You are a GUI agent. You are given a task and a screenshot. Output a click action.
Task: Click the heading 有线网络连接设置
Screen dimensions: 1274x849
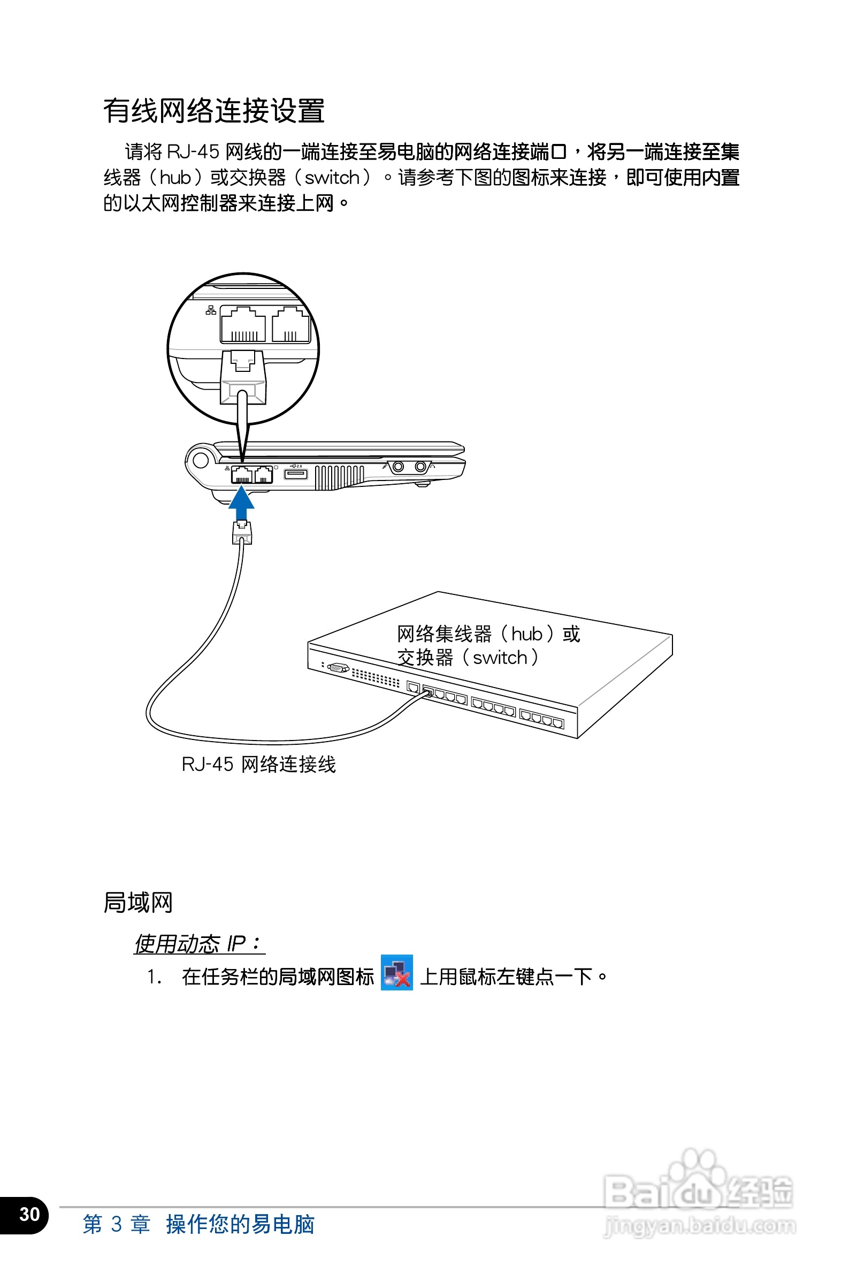(214, 111)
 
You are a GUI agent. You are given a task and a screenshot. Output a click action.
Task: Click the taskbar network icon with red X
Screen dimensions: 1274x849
(396, 973)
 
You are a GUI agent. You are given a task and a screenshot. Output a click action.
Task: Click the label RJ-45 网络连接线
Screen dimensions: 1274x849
(258, 765)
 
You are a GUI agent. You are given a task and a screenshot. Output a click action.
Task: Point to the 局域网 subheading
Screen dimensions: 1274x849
(137, 903)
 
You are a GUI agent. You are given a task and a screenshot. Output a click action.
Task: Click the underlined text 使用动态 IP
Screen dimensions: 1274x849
(198, 944)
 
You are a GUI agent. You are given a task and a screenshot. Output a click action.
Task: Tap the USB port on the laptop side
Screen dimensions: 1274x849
(296, 474)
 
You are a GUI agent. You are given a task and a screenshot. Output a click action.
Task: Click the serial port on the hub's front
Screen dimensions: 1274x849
(338, 667)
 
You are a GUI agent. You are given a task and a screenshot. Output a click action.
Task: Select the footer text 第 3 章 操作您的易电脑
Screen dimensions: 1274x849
(198, 1224)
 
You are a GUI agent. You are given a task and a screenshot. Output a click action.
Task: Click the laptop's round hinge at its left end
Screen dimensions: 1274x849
(200, 460)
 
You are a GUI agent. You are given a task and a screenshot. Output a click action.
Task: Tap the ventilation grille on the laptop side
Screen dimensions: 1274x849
(340, 477)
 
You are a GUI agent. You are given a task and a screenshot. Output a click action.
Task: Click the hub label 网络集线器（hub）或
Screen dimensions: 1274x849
(488, 634)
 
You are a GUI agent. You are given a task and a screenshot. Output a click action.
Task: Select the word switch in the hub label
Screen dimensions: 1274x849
(500, 658)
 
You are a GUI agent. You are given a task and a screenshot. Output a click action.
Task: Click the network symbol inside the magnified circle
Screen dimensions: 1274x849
(211, 310)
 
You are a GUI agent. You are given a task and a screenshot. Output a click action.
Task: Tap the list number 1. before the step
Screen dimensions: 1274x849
(154, 977)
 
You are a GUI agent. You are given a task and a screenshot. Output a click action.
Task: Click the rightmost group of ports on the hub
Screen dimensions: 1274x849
(541, 719)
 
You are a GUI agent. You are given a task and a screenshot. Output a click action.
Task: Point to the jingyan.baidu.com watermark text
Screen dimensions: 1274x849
(700, 1225)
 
